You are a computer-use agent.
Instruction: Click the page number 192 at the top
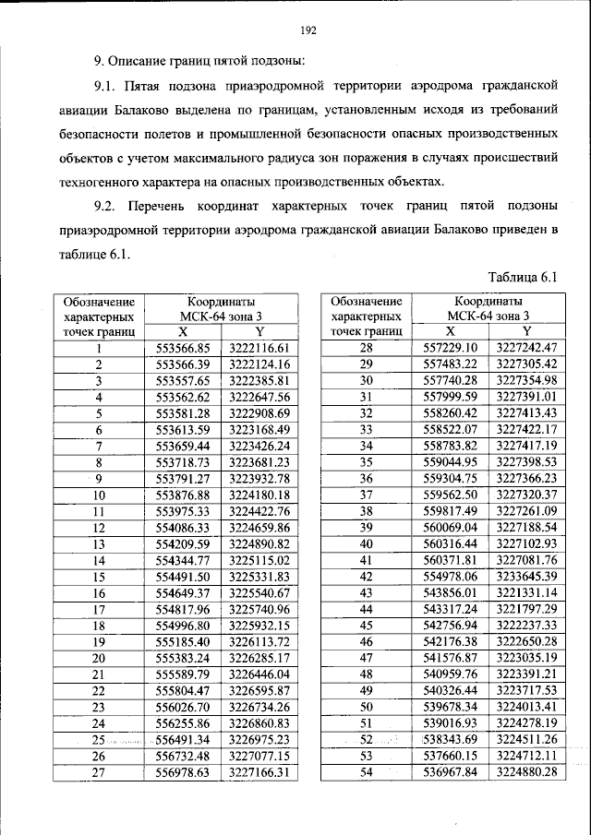click(x=308, y=31)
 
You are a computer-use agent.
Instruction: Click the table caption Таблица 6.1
click(x=524, y=277)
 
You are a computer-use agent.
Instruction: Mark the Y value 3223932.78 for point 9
click(x=259, y=478)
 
